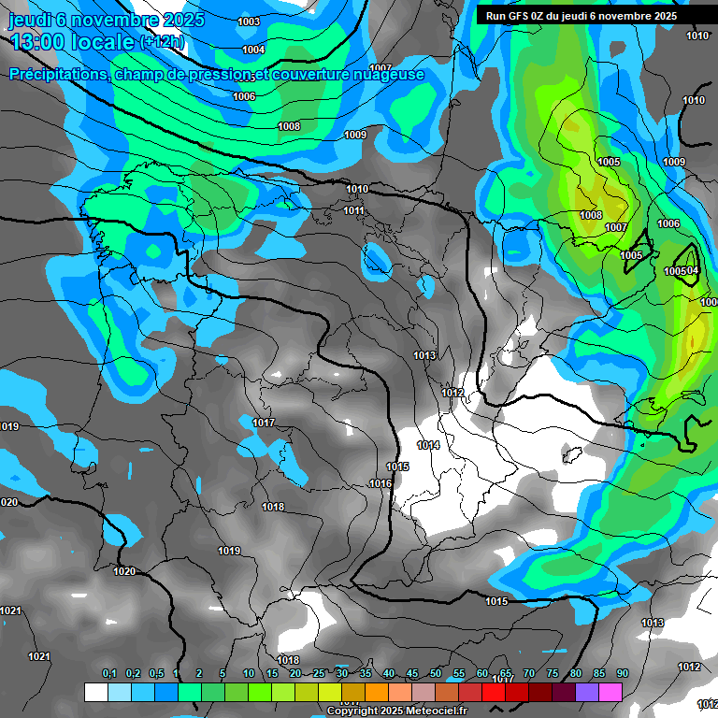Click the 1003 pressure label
tap(249, 22)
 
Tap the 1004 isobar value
tap(252, 50)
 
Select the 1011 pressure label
tap(353, 210)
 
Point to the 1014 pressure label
tap(428, 445)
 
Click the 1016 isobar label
tap(380, 483)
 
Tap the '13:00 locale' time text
tap(71, 41)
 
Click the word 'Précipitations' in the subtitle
tap(58, 75)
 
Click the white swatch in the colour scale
tap(95, 692)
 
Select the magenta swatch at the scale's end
tap(610, 692)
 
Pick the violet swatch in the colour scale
tap(587, 692)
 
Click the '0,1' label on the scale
tap(108, 674)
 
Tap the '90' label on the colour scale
tap(623, 674)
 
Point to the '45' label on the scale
tap(412, 674)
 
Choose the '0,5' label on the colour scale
tap(156, 674)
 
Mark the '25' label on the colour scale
tap(319, 674)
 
